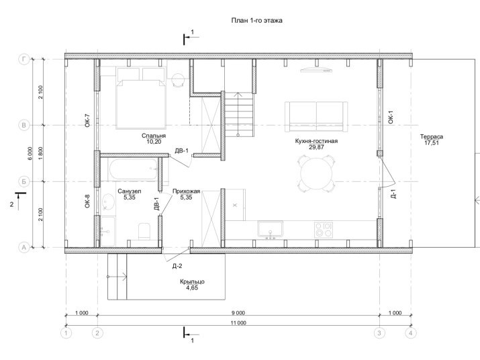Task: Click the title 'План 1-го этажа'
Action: click(256, 21)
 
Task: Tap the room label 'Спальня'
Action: click(154, 136)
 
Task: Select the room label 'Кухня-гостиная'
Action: click(316, 141)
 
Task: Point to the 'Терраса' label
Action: click(431, 136)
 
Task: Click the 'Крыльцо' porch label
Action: click(192, 281)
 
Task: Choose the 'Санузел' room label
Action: click(129, 191)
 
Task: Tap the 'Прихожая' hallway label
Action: click(186, 191)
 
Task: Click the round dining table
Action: click(316, 174)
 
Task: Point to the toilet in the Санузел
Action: click(144, 231)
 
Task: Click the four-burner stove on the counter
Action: click(324, 230)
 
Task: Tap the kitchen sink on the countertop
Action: click(270, 228)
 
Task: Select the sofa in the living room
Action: click(316, 117)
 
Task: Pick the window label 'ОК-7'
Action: click(87, 120)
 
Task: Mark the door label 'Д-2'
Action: click(177, 266)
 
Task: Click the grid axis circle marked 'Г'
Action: click(24, 59)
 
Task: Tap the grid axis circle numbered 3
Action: click(379, 332)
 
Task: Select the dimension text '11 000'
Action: click(238, 322)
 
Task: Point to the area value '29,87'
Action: click(316, 147)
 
